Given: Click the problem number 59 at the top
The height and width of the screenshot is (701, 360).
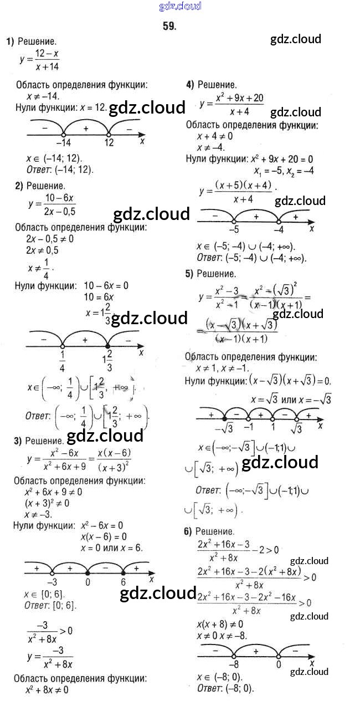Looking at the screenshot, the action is coord(169,25).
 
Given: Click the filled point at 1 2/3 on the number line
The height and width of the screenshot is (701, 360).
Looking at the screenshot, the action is coord(109,346).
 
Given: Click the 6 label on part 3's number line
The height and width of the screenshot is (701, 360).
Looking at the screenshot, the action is coord(123,582).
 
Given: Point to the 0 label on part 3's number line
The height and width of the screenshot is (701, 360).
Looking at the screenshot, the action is coord(88,582).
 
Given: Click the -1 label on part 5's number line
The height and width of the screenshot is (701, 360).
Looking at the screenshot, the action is coord(249,427).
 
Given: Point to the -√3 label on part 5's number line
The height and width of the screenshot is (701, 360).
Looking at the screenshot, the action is coord(224,428).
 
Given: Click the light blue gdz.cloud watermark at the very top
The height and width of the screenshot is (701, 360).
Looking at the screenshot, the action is coord(180,7).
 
